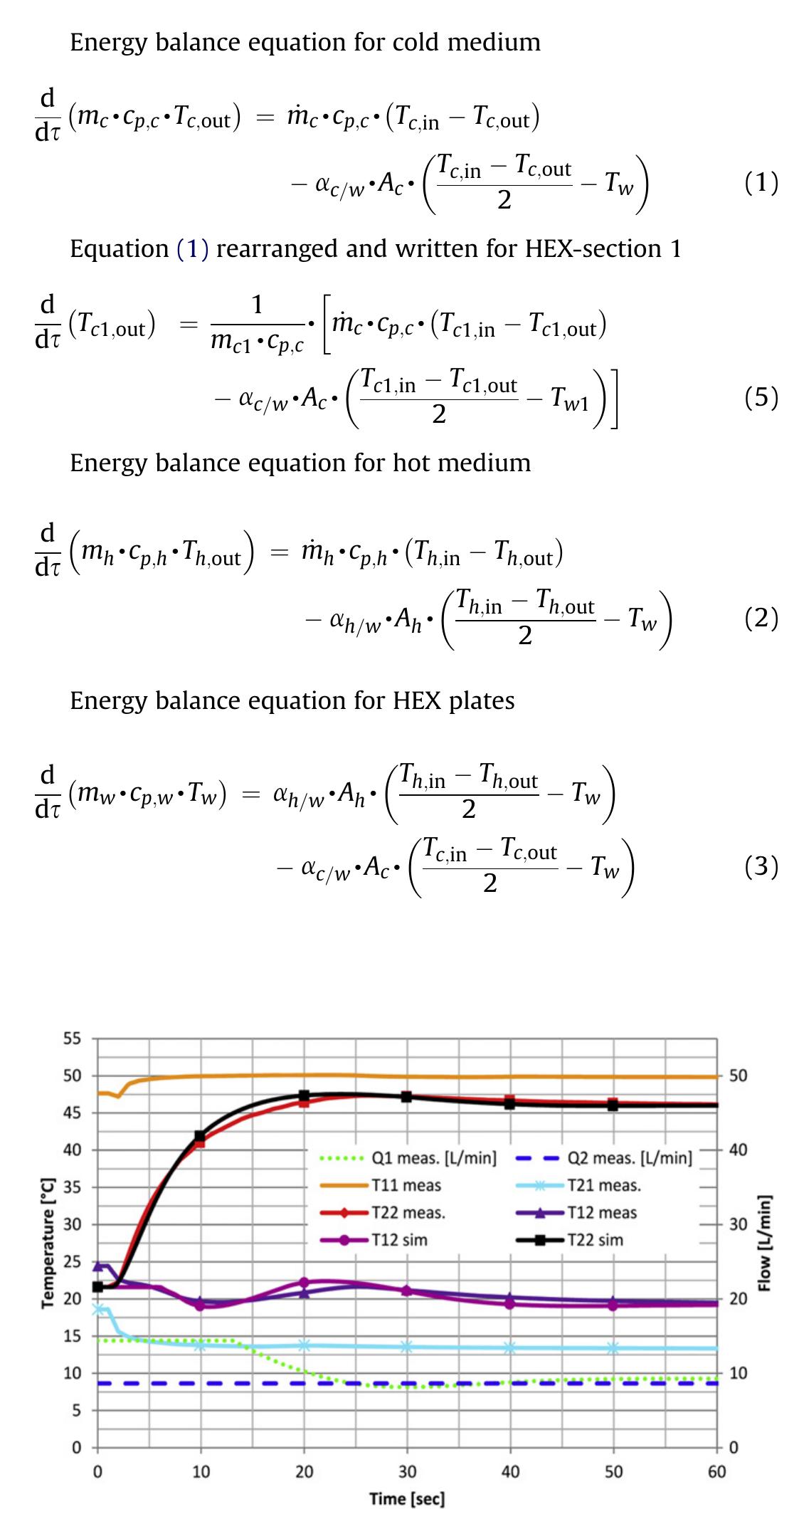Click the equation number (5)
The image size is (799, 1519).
pos(761,397)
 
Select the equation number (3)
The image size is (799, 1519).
pos(761,866)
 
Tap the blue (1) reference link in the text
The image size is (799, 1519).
pos(192,249)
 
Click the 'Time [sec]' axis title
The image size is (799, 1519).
pos(407,1498)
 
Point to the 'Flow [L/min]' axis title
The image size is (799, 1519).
pos(765,1243)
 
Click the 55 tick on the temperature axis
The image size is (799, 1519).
pos(72,1039)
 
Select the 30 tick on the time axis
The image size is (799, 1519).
pos(407,1471)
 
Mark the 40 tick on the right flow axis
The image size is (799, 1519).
pos(739,1150)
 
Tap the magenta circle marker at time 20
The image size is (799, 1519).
pos(304,1282)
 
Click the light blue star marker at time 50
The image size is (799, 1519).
pos(613,1347)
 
